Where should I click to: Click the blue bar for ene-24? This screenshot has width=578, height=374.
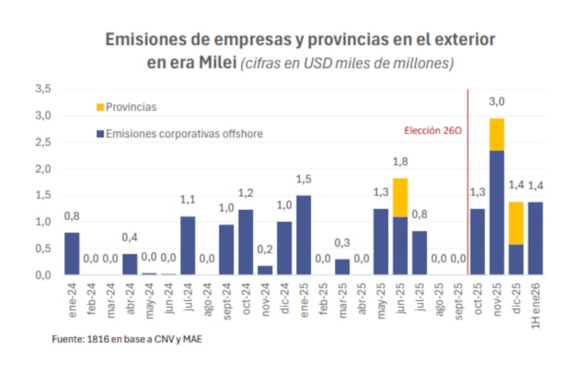coord(72,253)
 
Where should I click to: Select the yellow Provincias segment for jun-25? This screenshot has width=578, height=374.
coord(400,197)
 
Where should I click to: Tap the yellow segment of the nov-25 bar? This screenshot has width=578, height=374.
coord(496,134)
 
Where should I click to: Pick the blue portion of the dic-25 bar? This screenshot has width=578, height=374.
coord(516,260)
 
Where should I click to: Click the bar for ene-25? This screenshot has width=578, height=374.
coord(303,235)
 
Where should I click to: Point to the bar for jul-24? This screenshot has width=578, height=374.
coord(188,246)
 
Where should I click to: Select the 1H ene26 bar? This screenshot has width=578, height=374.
coord(535,238)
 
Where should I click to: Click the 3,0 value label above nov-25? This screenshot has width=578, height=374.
coord(496,102)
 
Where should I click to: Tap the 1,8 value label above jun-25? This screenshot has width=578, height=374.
coord(400,162)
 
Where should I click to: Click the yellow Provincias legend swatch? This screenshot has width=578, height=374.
coord(100,107)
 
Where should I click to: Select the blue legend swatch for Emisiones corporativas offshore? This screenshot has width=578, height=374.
coord(100,134)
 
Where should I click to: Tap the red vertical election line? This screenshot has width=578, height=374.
coord(468,181)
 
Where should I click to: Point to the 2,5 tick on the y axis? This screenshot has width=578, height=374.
coord(44,143)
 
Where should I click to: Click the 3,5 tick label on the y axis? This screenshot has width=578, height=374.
coord(44,89)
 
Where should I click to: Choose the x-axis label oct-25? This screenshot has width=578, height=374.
coord(478,300)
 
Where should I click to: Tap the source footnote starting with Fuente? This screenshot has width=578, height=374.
coord(127,339)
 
